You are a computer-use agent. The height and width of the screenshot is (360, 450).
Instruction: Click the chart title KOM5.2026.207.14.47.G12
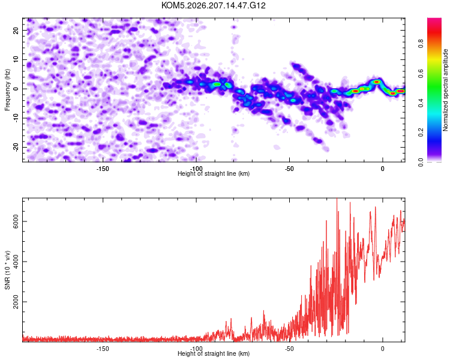[213, 5]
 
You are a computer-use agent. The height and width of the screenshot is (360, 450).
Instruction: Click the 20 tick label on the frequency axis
[16, 30]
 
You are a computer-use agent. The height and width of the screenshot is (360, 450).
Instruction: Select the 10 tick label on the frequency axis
[16, 59]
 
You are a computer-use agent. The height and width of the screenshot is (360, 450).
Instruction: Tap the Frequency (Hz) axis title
[7, 90]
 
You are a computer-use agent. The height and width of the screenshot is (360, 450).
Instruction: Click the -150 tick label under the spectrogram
[103, 169]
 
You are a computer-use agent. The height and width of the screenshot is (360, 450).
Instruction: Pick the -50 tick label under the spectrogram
[289, 169]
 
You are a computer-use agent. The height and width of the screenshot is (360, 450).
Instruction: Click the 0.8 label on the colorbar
[421, 44]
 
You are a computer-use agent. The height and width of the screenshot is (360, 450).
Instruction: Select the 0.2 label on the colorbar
[421, 133]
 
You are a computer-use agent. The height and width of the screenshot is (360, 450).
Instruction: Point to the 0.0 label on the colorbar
[421, 162]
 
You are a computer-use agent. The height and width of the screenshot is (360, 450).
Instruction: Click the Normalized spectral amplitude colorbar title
[445, 90]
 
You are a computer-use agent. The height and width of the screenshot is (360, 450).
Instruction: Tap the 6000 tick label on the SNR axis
[16, 221]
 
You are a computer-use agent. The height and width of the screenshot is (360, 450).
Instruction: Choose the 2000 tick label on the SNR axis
[16, 302]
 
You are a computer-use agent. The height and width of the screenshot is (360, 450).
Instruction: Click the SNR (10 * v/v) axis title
[7, 270]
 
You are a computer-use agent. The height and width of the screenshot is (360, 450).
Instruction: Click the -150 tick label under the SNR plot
[103, 349]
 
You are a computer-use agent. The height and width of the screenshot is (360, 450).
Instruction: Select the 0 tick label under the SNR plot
[383, 349]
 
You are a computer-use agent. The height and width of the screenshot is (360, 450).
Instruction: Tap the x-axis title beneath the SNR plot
[214, 353]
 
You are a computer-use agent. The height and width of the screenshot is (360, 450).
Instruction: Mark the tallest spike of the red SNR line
[337, 199]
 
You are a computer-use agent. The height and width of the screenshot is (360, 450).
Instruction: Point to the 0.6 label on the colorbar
[421, 74]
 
